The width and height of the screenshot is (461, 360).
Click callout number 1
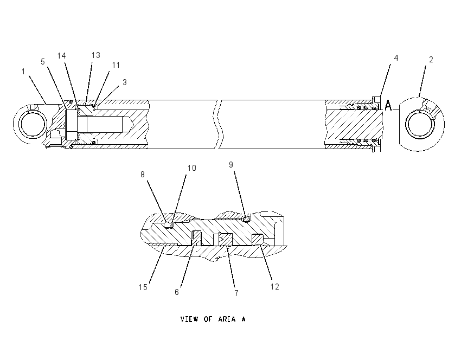click(x=23, y=72)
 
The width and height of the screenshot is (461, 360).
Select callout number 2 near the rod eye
click(x=431, y=60)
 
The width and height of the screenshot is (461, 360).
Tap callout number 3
click(x=125, y=82)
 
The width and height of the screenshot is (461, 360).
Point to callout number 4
click(x=396, y=58)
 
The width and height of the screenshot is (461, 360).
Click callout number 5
click(x=43, y=62)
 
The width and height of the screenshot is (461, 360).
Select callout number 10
click(x=191, y=168)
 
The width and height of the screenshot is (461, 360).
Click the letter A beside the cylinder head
click(x=388, y=106)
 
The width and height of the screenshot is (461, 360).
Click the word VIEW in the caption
click(x=189, y=319)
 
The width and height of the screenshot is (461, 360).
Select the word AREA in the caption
click(x=227, y=319)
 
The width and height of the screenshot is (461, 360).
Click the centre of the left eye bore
click(x=33, y=124)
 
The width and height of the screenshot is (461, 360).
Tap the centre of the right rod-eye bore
click(x=420, y=124)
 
